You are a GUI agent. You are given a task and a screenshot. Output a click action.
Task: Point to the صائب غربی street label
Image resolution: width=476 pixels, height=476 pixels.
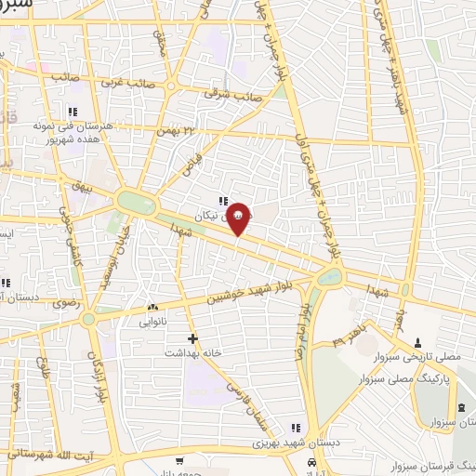(x=75, y=78)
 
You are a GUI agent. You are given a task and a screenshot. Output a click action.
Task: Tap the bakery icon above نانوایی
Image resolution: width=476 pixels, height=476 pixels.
(x=152, y=307)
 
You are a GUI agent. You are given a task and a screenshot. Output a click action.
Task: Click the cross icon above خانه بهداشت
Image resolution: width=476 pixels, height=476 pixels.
(x=192, y=338)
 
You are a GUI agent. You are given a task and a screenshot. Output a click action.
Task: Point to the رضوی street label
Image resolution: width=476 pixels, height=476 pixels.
(x=67, y=303)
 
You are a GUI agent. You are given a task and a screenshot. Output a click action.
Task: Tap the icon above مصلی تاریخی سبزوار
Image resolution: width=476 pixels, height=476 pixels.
(x=418, y=342)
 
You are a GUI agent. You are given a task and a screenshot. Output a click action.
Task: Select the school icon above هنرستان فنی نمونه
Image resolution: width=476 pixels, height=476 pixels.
(x=86, y=112)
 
